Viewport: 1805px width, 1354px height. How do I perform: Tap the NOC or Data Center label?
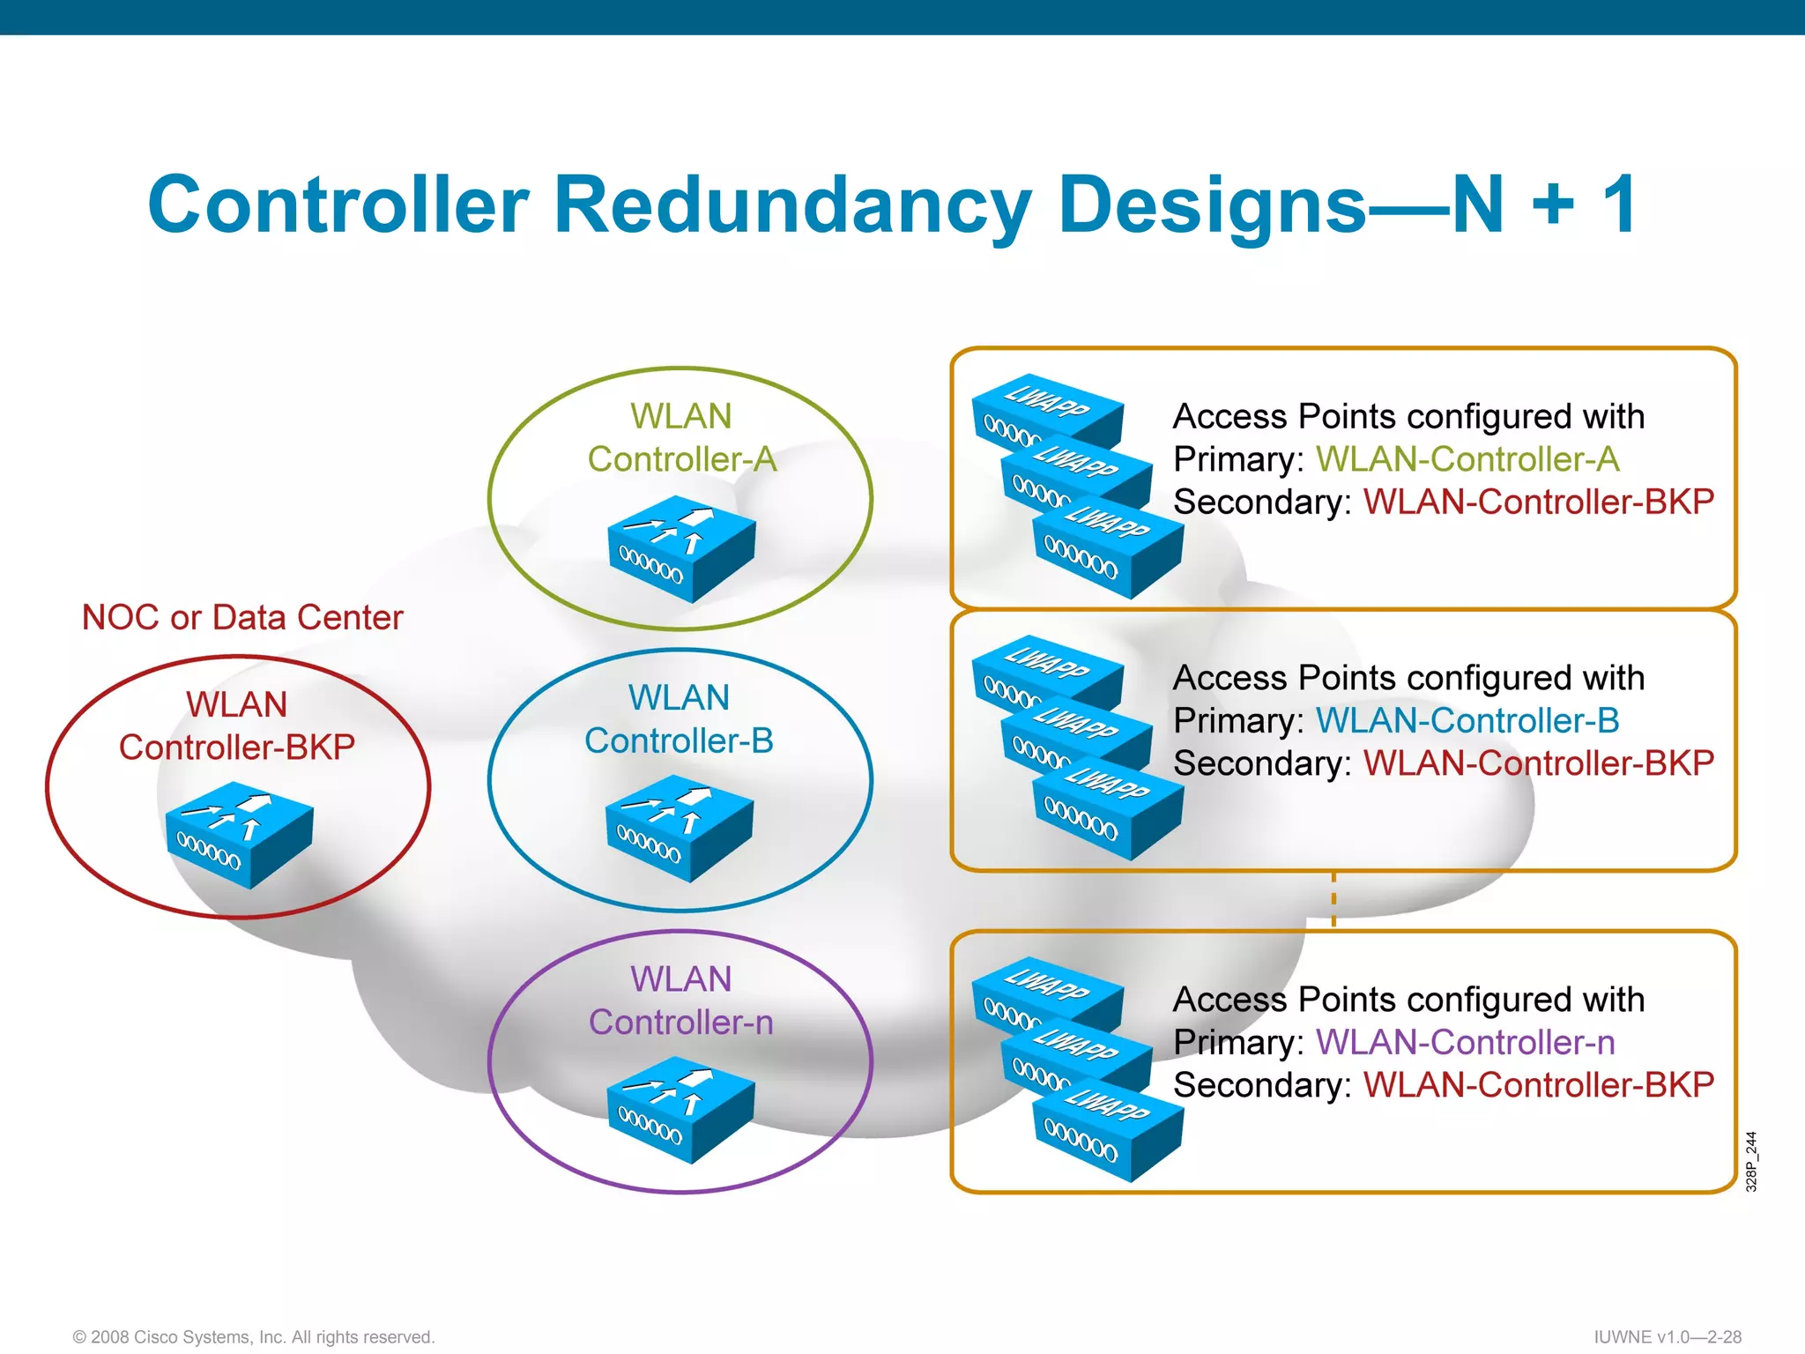[242, 617]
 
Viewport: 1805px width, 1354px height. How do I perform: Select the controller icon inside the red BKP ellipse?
[239, 834]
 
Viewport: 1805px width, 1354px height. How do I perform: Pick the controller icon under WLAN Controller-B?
[679, 828]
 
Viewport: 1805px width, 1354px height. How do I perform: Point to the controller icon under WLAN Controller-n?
[680, 1110]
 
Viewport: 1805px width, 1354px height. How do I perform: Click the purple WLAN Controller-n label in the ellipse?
[680, 1001]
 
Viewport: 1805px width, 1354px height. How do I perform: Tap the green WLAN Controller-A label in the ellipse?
[681, 437]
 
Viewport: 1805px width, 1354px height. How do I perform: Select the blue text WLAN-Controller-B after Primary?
[1467, 720]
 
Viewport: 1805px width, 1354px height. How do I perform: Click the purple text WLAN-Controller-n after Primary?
[1465, 1042]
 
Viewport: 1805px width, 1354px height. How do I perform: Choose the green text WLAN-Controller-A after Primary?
[1467, 459]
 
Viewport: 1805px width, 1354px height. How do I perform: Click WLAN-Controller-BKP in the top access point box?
[1538, 502]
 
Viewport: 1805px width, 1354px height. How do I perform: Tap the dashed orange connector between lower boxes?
[1333, 900]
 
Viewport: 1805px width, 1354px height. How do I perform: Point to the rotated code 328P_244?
[1751, 1161]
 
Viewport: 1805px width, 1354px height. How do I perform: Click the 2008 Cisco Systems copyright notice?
[254, 1336]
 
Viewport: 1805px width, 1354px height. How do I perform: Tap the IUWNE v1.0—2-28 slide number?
[1667, 1336]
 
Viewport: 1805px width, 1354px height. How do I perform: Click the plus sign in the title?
[1553, 205]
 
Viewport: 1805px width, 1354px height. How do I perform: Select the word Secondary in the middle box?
[1260, 763]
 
